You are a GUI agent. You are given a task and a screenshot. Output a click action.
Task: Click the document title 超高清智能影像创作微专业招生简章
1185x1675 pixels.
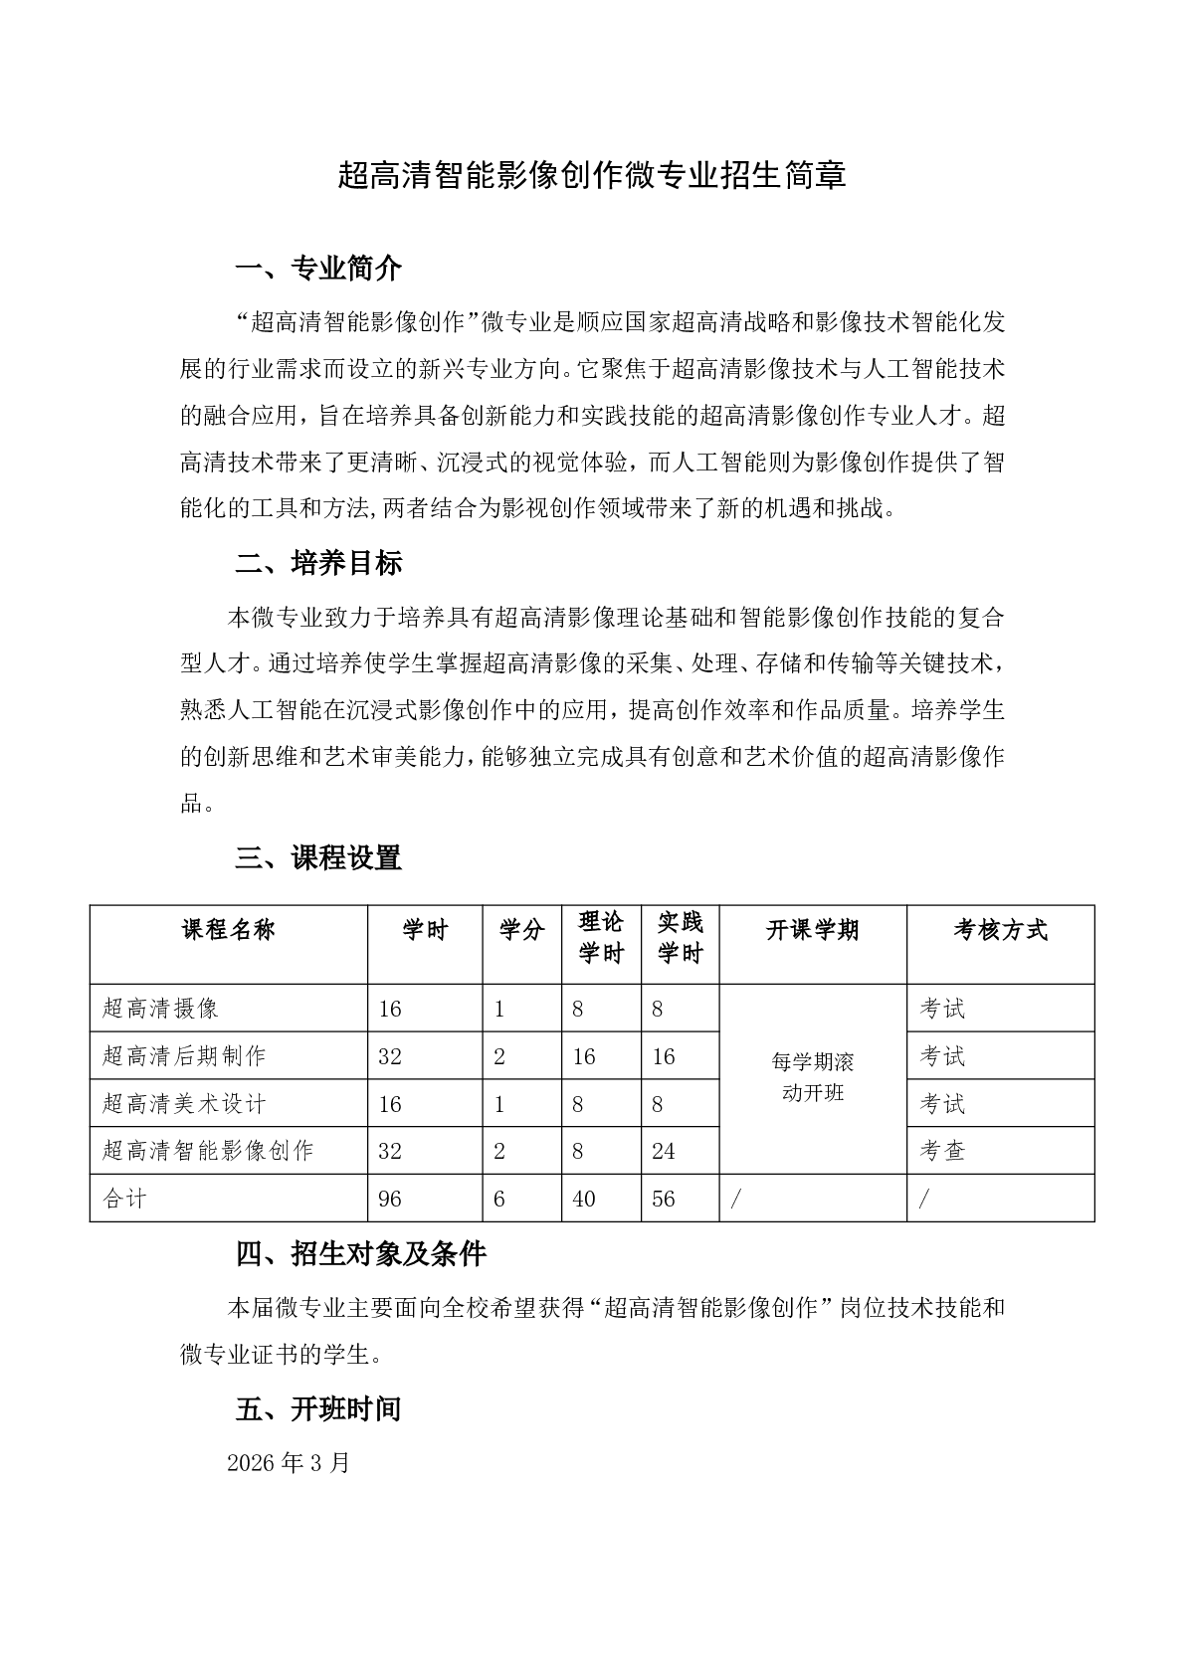point(592,176)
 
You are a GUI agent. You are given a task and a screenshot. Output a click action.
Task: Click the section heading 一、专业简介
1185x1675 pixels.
point(318,269)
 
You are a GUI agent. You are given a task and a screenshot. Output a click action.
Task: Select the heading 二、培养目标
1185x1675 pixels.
point(318,564)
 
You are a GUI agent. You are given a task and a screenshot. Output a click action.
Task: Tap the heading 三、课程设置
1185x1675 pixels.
point(318,858)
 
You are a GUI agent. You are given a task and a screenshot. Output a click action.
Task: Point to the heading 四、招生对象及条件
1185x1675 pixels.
point(360,1254)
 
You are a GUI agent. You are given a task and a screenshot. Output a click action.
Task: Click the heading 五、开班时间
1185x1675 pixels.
point(318,1409)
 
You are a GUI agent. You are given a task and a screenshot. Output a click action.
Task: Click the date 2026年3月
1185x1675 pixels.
point(289,1463)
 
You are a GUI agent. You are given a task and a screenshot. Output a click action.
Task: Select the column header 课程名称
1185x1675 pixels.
point(229,931)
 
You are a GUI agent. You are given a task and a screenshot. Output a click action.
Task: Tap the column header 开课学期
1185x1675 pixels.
point(813,931)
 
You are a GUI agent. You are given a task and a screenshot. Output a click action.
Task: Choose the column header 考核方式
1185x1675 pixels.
point(1000,931)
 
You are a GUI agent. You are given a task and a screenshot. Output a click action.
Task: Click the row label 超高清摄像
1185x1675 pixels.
point(160,1009)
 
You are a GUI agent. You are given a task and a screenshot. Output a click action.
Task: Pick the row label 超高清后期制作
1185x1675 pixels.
point(184,1056)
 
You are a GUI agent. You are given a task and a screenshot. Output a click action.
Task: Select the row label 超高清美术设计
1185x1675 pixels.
point(184,1104)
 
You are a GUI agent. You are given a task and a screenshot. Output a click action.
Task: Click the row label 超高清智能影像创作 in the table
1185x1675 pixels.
point(208,1151)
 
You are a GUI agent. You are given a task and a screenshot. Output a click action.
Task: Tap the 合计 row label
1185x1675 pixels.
point(124,1200)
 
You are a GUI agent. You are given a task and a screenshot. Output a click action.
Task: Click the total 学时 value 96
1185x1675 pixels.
point(390,1200)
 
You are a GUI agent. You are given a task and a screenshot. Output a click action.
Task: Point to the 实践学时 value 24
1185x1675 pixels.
point(664,1152)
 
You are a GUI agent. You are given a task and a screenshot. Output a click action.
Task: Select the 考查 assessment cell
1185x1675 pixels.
point(943,1152)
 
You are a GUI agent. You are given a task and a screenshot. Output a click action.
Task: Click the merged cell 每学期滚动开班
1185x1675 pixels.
point(813,1077)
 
